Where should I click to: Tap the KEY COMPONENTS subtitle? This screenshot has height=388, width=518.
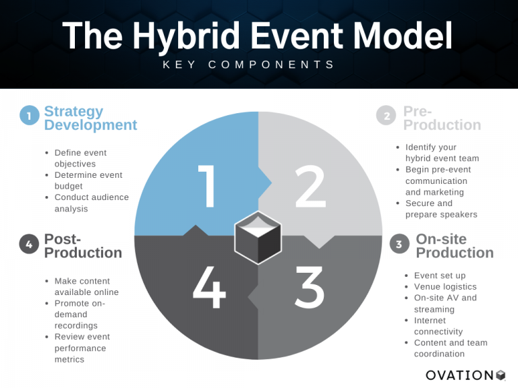[x=258, y=65]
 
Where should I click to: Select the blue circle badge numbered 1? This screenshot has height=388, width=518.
[x=29, y=116]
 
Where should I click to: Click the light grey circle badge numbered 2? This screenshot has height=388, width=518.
[x=386, y=116]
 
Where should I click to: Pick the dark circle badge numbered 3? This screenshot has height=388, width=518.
[x=399, y=244]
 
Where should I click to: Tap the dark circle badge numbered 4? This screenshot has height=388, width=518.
[x=29, y=245]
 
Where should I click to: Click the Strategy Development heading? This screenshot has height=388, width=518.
[x=90, y=118]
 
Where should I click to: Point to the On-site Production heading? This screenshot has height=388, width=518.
[x=455, y=246]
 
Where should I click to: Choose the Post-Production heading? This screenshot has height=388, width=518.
[x=83, y=246]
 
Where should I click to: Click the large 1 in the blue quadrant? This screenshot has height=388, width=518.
[x=210, y=186]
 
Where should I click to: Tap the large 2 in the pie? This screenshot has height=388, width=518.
[x=310, y=186]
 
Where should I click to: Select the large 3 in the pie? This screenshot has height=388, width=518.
[x=310, y=288]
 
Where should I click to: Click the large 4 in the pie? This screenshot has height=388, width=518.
[x=209, y=288]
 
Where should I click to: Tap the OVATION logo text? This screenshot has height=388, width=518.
[x=461, y=375]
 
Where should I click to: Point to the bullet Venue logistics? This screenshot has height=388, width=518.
[x=444, y=287]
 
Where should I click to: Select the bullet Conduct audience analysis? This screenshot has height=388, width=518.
[x=91, y=203]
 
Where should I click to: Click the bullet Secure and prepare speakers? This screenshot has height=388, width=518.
[x=440, y=209]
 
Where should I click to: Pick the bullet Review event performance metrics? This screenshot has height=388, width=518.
[x=82, y=348]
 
